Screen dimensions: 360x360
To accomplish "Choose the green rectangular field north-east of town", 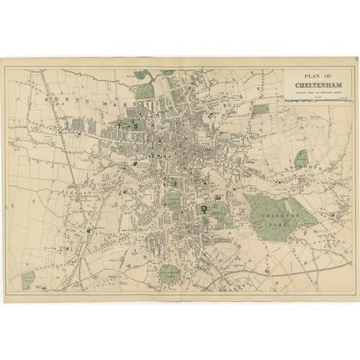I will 260,109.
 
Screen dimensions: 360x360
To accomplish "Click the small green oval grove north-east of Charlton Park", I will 302,158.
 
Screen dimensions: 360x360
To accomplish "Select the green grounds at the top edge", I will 145,90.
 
